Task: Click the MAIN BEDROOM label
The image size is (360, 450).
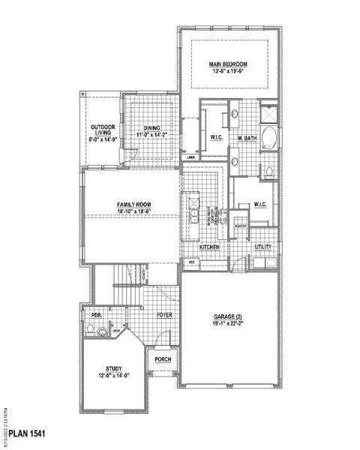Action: point(229,65)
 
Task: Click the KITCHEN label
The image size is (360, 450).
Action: point(208,247)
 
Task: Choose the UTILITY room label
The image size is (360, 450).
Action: point(263,247)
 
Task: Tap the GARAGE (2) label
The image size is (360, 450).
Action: point(228,317)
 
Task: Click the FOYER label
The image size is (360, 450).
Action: point(165,316)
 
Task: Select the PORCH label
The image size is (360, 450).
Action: point(163,359)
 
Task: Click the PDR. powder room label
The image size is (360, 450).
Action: point(95,316)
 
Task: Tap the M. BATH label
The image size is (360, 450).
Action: point(248,139)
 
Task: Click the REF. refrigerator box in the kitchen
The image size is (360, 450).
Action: point(192,262)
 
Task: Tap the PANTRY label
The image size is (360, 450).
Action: point(241,225)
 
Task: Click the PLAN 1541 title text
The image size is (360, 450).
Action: point(36,435)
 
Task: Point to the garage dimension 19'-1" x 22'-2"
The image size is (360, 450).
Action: point(228,325)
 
